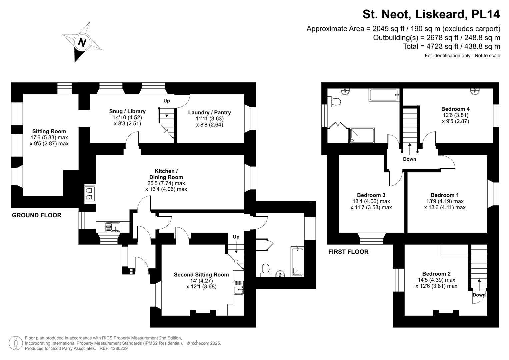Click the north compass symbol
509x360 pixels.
tap(82, 42)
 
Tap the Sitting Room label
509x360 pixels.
tap(49, 131)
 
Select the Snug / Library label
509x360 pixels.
tap(127, 111)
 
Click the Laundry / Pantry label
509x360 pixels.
tap(209, 113)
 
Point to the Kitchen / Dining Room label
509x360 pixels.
tap(166, 174)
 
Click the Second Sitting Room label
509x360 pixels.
tap(201, 275)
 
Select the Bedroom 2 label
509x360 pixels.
tap(436, 274)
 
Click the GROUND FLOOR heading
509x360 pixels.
tap(37, 215)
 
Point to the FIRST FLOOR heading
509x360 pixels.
tap(348, 252)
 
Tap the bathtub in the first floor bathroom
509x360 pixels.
tap(384, 95)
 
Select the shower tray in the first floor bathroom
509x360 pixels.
tap(362, 136)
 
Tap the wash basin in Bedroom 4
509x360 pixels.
tap(475, 91)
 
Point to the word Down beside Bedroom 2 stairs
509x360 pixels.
tap(479, 295)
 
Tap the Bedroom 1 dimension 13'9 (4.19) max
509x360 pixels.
tap(445, 201)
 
